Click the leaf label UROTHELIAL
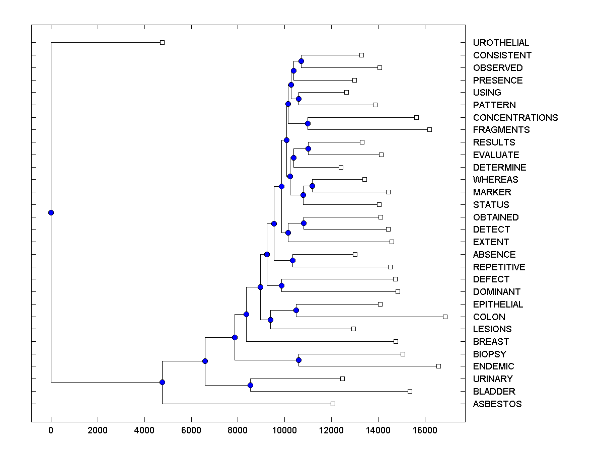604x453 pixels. (x=501, y=43)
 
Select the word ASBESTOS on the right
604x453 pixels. (x=497, y=404)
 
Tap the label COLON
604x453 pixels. (x=489, y=317)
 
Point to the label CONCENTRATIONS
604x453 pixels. (x=515, y=118)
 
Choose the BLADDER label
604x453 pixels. (x=494, y=392)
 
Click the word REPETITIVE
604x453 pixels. (x=499, y=267)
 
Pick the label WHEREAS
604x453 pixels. (x=495, y=180)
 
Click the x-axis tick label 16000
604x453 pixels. (x=425, y=430)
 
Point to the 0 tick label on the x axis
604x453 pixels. (x=51, y=430)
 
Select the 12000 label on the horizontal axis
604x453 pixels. (x=331, y=430)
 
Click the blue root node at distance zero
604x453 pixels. (x=51, y=212)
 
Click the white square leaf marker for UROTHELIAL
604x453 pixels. (x=162, y=42)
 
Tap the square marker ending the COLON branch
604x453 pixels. (x=445, y=317)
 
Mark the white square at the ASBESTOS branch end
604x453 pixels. (x=333, y=404)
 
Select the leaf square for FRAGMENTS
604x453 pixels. (x=429, y=129)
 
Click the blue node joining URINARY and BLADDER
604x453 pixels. (x=250, y=385)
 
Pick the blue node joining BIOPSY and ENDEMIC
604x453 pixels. (x=298, y=360)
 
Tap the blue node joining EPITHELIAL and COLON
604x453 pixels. (x=296, y=310)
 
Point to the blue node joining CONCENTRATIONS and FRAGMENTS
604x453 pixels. (x=308, y=123)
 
